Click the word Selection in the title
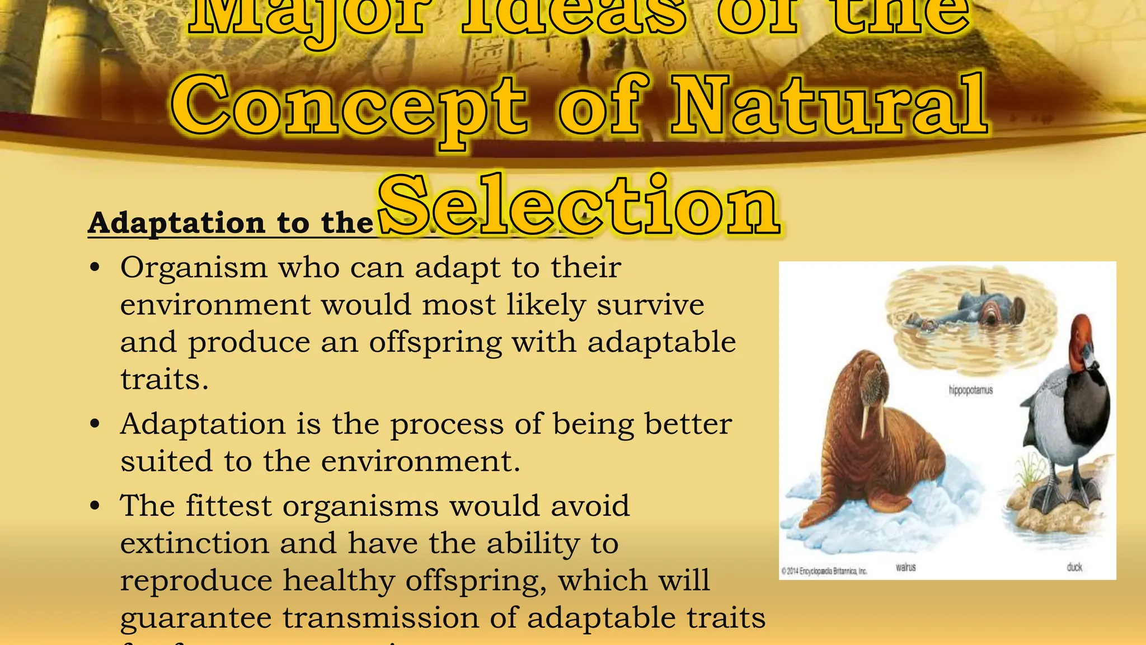(579, 206)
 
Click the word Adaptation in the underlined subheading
(176, 223)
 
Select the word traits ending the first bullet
(165, 380)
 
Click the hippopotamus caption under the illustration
(970, 390)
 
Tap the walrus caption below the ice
(905, 567)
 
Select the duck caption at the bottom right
(1074, 567)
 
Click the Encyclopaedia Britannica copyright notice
(824, 571)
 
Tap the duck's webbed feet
(1063, 498)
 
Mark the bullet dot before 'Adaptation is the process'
(95, 424)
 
